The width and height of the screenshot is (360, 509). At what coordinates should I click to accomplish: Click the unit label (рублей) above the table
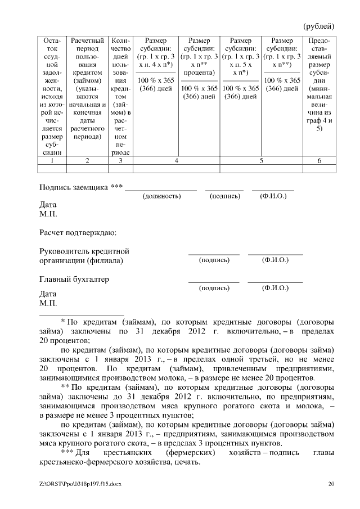[318, 25]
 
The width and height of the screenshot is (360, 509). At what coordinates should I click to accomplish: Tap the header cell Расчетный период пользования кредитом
[87, 88]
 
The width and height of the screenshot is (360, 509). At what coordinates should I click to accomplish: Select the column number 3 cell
[121, 161]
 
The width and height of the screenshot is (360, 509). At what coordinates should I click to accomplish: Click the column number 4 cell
[176, 161]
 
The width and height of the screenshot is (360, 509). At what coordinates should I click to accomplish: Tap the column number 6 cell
[319, 161]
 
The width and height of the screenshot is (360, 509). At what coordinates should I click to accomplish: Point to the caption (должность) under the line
[161, 196]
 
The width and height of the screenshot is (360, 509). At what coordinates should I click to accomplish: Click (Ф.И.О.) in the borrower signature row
[273, 196]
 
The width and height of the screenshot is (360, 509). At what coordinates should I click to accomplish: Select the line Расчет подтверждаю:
[77, 232]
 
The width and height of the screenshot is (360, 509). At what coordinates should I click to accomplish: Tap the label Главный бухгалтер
[74, 279]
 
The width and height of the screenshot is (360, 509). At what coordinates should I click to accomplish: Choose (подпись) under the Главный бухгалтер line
[214, 288]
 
